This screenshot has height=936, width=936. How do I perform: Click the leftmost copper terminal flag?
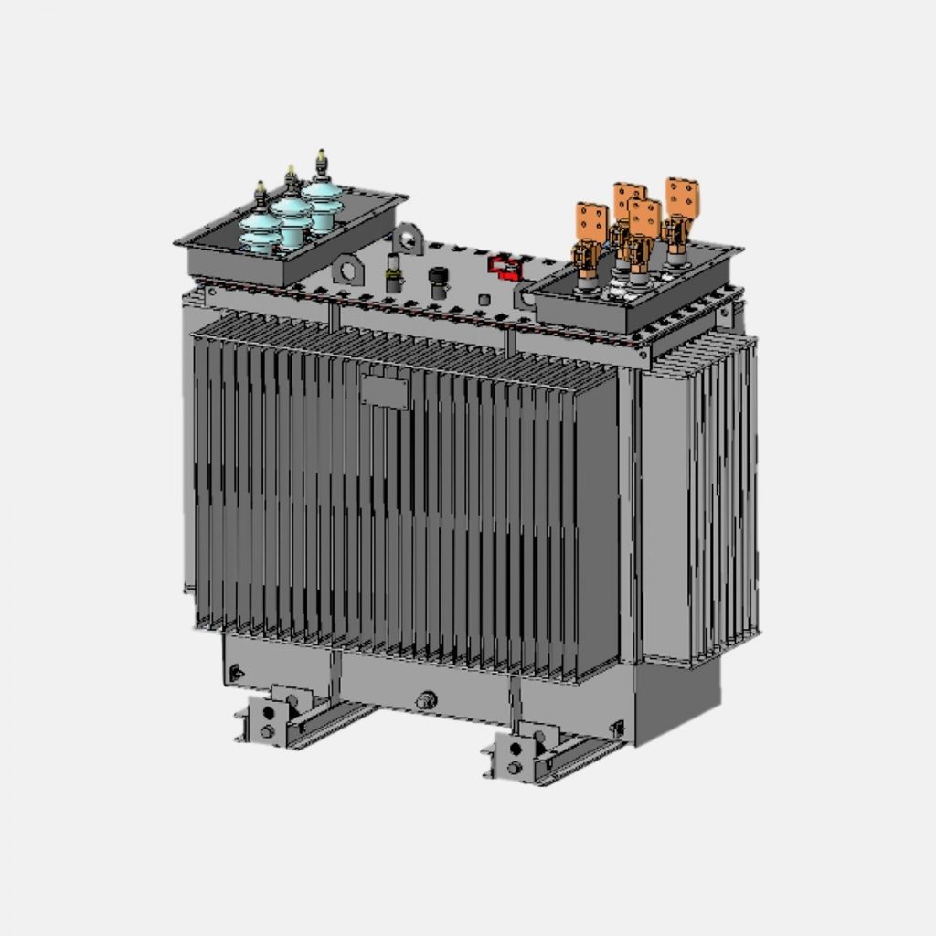[x=591, y=222]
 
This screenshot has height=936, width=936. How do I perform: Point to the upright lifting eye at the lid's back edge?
[x=407, y=237]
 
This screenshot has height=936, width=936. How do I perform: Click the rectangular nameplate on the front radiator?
[x=384, y=391]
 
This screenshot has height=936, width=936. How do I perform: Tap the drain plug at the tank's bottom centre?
[x=425, y=701]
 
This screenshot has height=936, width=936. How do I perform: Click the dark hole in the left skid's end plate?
[x=268, y=713]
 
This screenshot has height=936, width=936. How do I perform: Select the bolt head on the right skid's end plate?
[x=514, y=766]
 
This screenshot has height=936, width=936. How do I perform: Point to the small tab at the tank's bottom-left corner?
[x=237, y=674]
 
